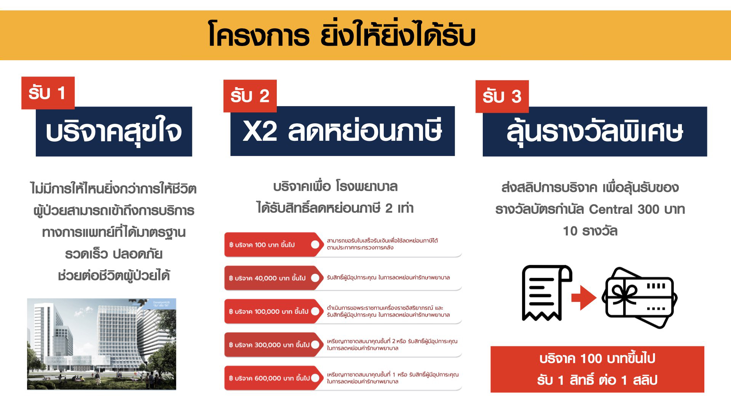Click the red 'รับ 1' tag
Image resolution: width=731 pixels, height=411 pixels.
pyautogui.click(x=48, y=93)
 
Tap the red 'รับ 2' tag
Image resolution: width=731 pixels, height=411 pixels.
pyautogui.click(x=250, y=96)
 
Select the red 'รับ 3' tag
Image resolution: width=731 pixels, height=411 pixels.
pyautogui.click(x=502, y=96)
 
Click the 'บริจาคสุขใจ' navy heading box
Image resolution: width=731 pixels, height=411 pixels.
pyautogui.click(x=114, y=131)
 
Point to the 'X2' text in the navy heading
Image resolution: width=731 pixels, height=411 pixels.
pyautogui.click(x=260, y=131)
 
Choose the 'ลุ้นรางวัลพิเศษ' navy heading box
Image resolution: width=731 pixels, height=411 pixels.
pyautogui.click(x=595, y=131)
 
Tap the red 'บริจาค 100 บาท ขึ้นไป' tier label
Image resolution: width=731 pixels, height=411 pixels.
pyautogui.click(x=274, y=245)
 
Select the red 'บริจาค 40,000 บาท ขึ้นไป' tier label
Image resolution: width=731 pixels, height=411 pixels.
pyautogui.click(x=274, y=278)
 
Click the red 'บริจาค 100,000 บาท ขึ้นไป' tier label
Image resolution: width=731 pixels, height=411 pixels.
pyautogui.click(x=274, y=311)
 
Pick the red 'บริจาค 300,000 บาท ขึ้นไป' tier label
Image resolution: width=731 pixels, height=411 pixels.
pyautogui.click(x=274, y=345)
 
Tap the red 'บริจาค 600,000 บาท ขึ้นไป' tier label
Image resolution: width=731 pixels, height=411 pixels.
pyautogui.click(x=274, y=378)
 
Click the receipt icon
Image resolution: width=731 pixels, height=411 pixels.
pyautogui.click(x=547, y=293)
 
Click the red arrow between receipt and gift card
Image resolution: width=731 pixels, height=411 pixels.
pyautogui.click(x=584, y=297)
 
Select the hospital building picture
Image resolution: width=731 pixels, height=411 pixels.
pyautogui.click(x=102, y=344)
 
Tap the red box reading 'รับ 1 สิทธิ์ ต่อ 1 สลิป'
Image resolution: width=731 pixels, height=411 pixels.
pyautogui.click(x=597, y=369)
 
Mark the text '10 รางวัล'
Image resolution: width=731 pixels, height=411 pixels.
pyautogui.click(x=590, y=231)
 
